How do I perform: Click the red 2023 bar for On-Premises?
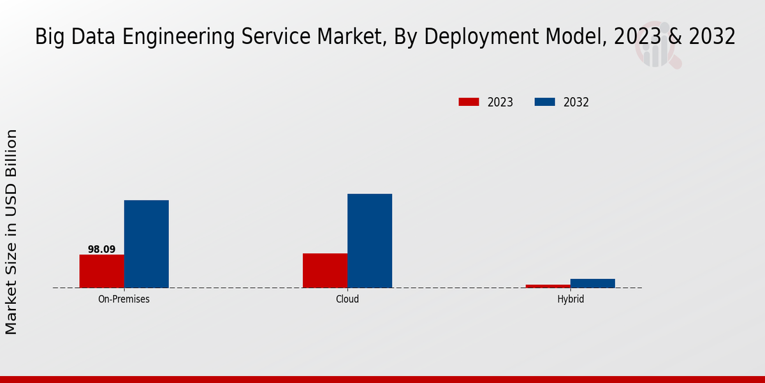(x=101, y=271)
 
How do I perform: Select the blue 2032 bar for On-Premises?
(x=146, y=244)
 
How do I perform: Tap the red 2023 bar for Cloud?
(x=325, y=271)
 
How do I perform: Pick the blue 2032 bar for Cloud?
(x=370, y=241)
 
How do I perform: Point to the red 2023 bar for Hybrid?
(x=548, y=286)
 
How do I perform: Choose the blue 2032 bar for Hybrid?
(x=593, y=283)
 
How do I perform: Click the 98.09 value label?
(x=101, y=250)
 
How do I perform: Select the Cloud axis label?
(x=347, y=299)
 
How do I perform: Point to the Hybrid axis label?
(x=571, y=299)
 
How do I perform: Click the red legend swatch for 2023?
(x=469, y=102)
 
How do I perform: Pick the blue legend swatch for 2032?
(x=544, y=102)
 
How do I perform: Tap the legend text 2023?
(x=500, y=102)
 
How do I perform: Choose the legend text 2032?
(x=576, y=102)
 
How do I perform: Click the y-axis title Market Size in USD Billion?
(x=11, y=232)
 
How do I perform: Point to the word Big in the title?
(x=48, y=37)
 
